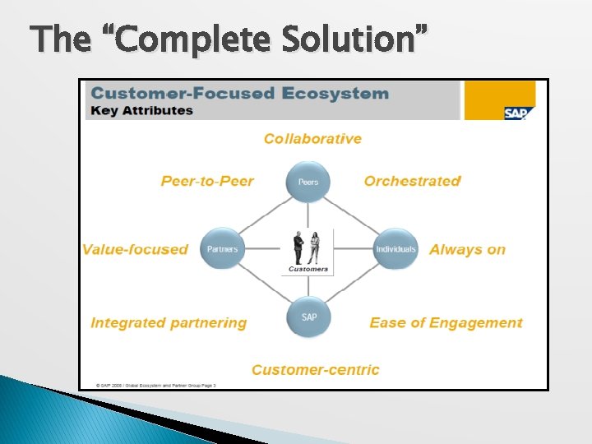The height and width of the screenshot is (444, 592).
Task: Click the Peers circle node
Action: [x=308, y=182]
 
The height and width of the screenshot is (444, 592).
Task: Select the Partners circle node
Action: [x=223, y=248]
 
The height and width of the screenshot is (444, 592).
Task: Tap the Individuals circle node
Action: [x=395, y=248]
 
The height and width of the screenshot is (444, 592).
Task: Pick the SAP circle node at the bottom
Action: [x=308, y=317]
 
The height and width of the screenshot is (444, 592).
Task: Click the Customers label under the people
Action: [x=308, y=269]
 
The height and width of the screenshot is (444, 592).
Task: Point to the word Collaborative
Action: [x=312, y=139]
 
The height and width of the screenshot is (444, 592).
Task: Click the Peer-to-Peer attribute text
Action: [x=207, y=181]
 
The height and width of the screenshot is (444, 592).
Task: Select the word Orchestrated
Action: [x=412, y=181]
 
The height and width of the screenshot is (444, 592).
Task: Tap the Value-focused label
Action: [x=135, y=249]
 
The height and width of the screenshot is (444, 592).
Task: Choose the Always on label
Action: [x=467, y=249]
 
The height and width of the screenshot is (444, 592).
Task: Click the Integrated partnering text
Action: [x=169, y=323]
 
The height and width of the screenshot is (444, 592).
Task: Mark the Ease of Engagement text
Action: [x=446, y=323]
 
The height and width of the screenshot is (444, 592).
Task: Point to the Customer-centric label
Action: [x=316, y=370]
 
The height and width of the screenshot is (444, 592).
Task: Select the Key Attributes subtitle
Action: [x=142, y=110]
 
